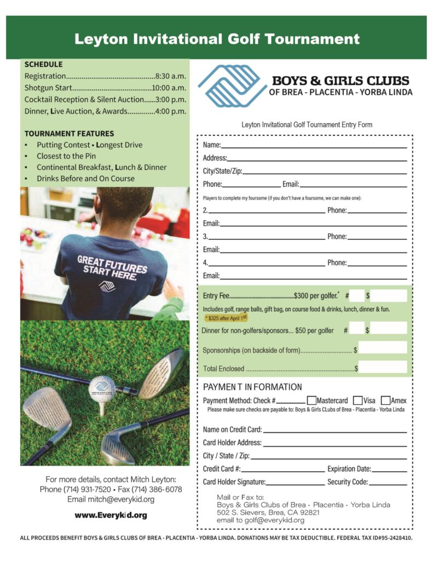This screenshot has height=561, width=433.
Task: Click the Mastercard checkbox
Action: coord(311,400)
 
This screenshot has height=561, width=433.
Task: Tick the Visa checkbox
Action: coord(357,400)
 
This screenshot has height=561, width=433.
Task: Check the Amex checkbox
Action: coord(385,400)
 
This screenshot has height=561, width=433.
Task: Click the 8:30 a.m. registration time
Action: coord(171,76)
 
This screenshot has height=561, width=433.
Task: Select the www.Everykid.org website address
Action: coord(111,516)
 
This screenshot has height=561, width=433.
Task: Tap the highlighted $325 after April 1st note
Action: coord(226,317)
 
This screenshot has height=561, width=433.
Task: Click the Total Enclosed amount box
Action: coord(383,368)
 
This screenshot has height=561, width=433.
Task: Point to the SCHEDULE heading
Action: coord(43,64)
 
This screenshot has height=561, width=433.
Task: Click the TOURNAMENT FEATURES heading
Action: coord(69,134)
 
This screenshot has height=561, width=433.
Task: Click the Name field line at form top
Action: coord(314,146)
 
